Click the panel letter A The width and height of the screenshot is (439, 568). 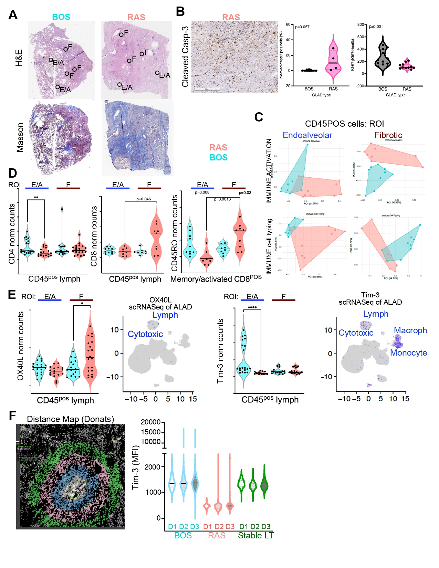coord(13,15)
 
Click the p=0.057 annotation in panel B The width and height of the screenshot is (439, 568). coord(302,27)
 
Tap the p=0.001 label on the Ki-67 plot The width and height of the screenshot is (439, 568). coord(376,27)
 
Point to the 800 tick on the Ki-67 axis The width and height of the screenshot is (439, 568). coord(360,25)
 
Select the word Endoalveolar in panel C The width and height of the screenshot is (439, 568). coord(307,135)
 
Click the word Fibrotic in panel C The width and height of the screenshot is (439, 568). coord(388,135)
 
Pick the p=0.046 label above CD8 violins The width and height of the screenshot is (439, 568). coord(144,199)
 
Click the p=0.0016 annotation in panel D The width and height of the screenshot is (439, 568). coord(222,199)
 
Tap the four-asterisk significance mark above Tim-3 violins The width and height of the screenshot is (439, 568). coord(252,307)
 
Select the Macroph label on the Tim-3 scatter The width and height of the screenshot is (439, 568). coord(410,330)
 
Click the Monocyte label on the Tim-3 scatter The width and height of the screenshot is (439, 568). coord(408,353)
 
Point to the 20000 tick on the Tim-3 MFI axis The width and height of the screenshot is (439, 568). coord(150,422)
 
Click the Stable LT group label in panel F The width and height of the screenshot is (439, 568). coord(255,536)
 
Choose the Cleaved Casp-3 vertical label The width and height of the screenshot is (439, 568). coord(185,57)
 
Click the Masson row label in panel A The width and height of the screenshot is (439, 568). coord(20,137)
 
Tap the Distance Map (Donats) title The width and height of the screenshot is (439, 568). coord(70,419)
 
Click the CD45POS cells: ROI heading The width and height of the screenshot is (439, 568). coord(344,124)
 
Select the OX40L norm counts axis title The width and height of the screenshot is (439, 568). coord(20,346)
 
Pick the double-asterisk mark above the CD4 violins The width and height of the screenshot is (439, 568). coord(36,198)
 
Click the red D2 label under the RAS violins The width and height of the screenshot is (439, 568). coord(219,527)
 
